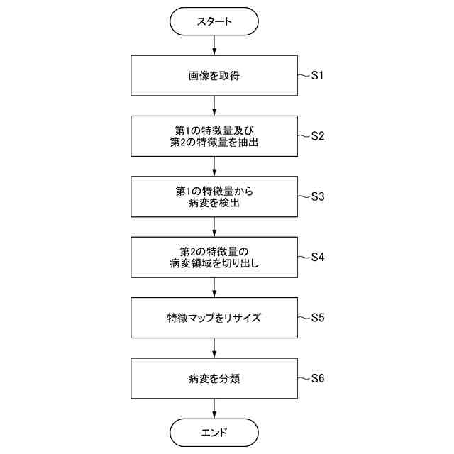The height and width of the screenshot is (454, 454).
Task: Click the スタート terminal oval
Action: click(214, 22)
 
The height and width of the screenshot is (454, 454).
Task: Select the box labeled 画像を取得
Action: click(214, 76)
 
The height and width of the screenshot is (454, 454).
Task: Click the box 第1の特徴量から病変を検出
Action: click(214, 196)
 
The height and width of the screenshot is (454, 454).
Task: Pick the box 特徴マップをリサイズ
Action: click(214, 318)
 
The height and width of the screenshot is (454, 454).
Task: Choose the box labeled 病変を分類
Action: click(214, 378)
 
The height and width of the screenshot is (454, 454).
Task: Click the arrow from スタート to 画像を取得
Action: click(214, 46)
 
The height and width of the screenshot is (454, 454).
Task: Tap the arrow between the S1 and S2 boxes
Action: click(214, 106)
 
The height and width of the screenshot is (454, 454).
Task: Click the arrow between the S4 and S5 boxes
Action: click(214, 287)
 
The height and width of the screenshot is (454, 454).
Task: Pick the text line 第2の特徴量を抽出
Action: click(214, 143)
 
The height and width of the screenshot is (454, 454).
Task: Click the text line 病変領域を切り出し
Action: click(214, 264)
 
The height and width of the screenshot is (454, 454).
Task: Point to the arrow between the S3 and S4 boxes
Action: click(214, 227)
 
